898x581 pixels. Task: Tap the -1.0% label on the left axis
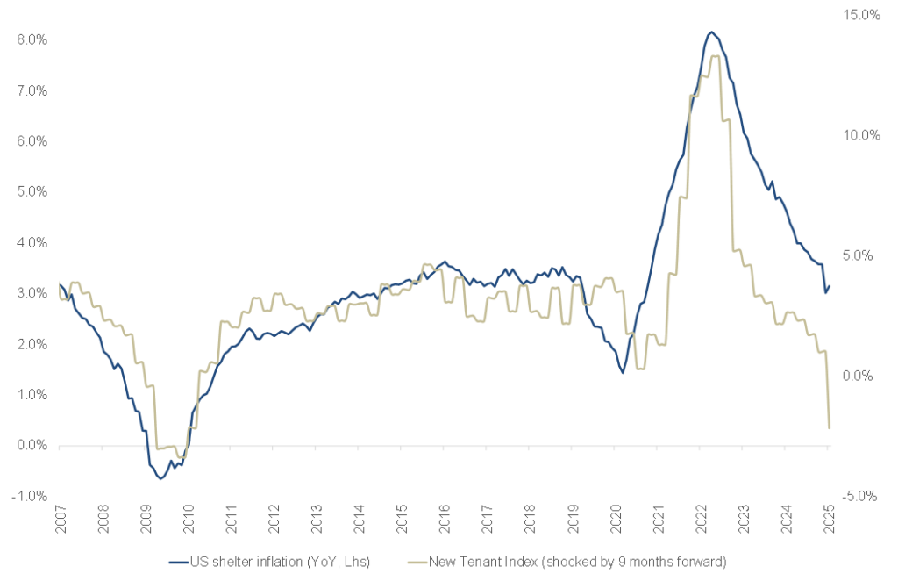[31, 496]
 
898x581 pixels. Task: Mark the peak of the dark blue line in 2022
[711, 32]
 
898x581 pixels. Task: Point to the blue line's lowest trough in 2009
[161, 478]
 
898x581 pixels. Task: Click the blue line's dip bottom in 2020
[623, 373]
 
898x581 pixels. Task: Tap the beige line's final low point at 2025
[829, 428]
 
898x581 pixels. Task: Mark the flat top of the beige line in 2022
[715, 57]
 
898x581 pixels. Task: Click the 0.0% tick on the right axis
[862, 376]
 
